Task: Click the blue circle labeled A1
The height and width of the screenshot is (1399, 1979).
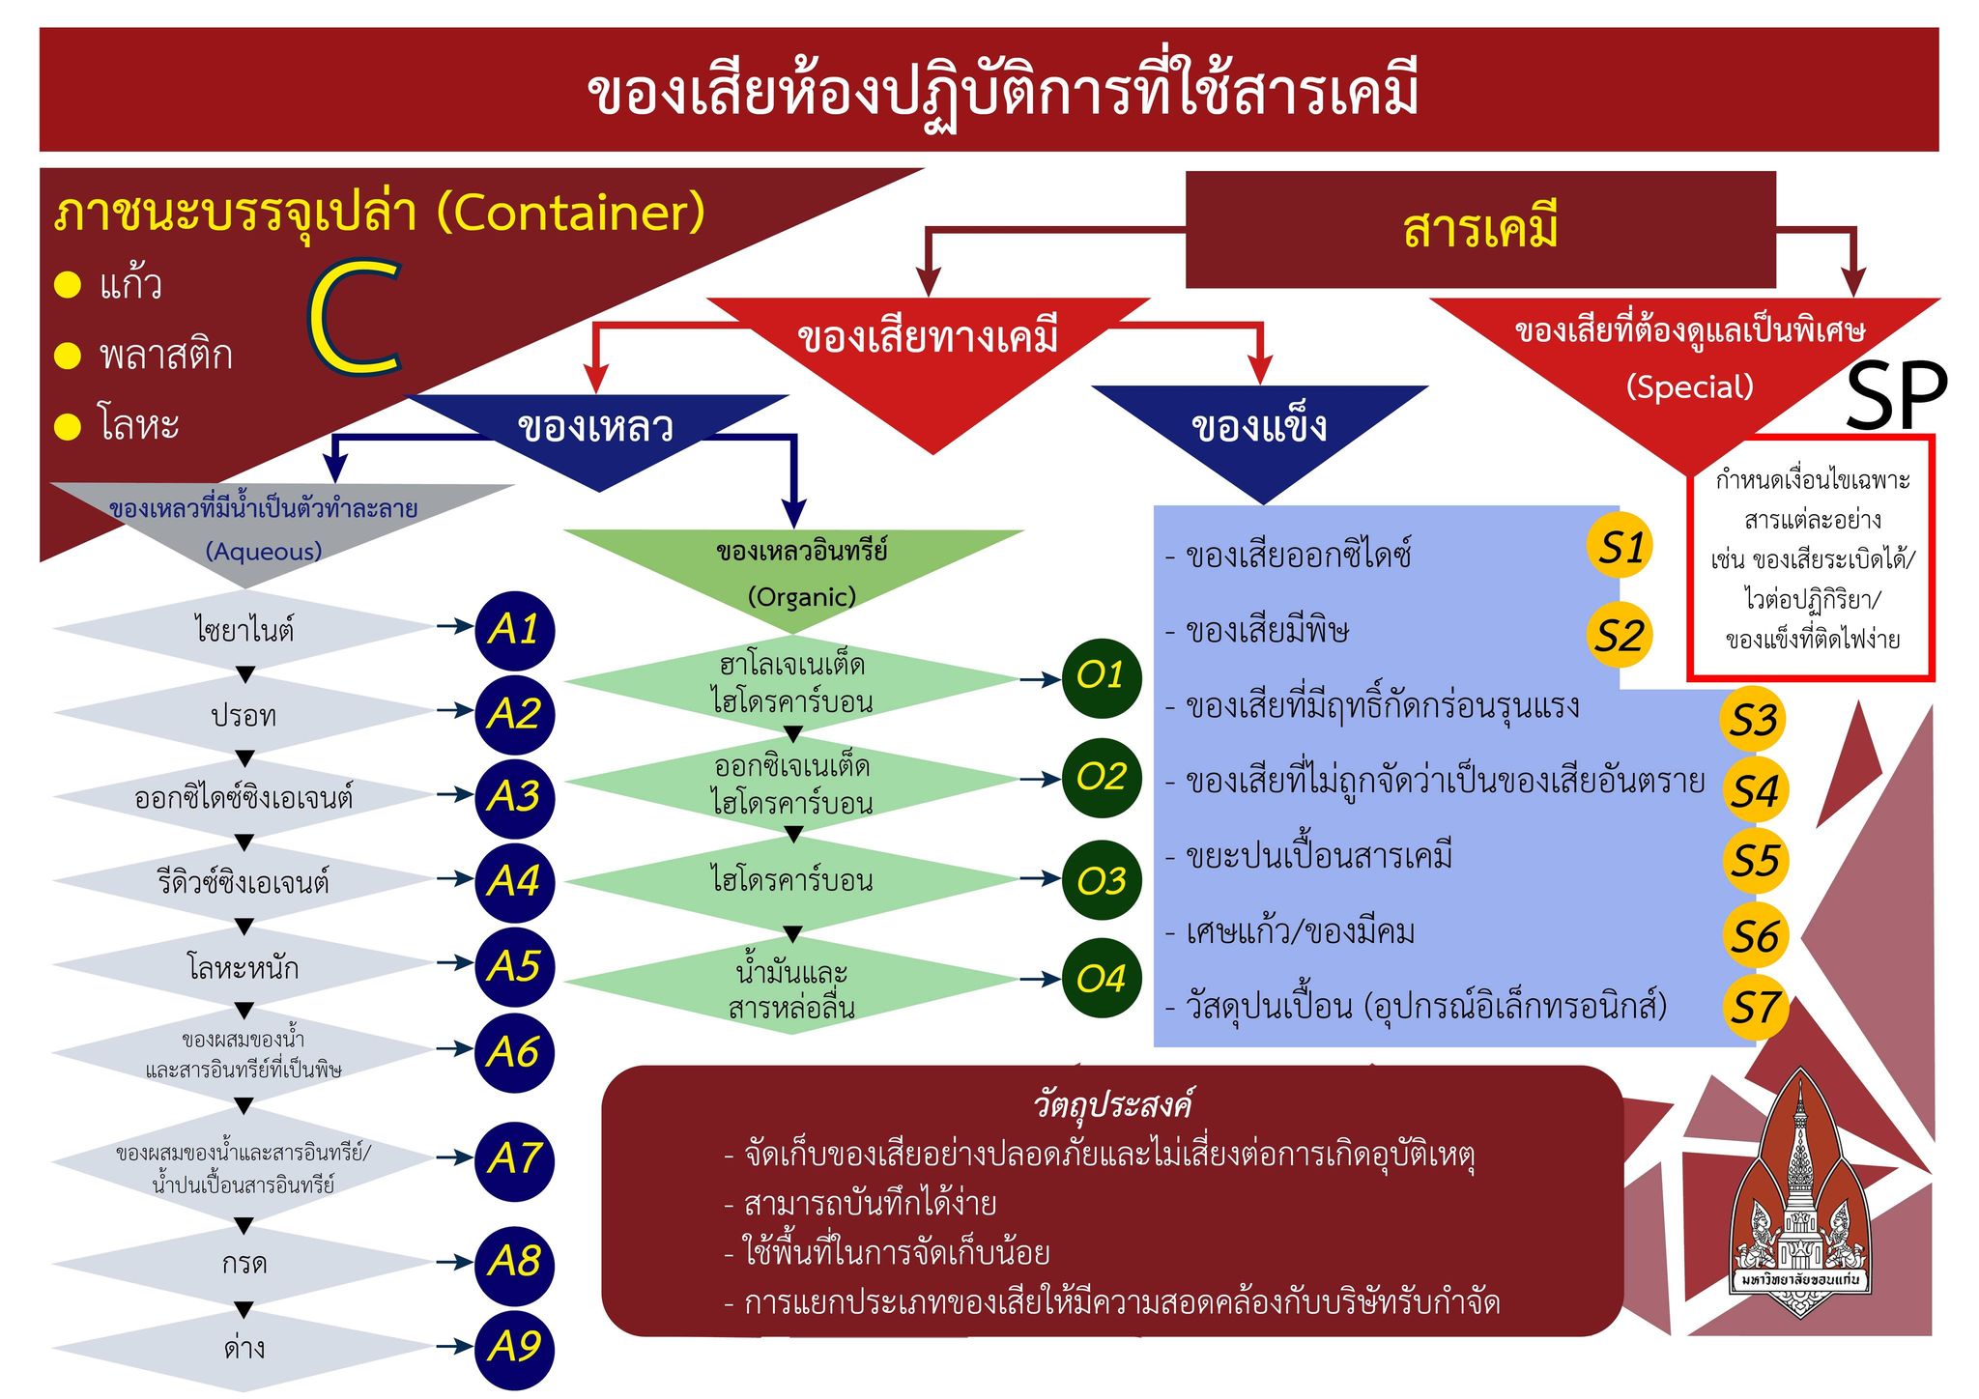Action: coord(514,630)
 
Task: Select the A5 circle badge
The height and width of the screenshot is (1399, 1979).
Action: coord(514,966)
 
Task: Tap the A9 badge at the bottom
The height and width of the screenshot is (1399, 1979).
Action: coord(514,1348)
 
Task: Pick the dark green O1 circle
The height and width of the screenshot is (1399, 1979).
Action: coord(1102,676)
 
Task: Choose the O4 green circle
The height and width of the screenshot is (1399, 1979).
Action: coord(1102,979)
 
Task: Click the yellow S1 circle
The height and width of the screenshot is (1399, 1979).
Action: coord(1620,547)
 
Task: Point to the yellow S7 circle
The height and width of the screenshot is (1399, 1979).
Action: coord(1754,1008)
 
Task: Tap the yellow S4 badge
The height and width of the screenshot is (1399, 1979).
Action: coord(1754,791)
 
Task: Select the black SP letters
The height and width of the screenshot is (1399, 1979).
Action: coord(1896,396)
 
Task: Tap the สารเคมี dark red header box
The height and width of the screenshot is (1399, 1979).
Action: coord(1480,230)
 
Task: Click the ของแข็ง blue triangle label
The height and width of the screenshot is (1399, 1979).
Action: coord(1259,426)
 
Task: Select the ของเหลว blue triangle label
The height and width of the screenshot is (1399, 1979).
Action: coord(595,426)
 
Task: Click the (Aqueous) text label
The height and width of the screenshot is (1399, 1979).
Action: coord(263,551)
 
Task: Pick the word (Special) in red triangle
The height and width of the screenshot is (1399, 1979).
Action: coord(1689,386)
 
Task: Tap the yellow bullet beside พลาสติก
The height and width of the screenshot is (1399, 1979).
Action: coord(68,356)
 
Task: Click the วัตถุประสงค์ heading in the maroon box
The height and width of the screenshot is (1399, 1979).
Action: coord(1112,1103)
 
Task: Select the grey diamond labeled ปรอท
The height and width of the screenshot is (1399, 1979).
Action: coord(244,715)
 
